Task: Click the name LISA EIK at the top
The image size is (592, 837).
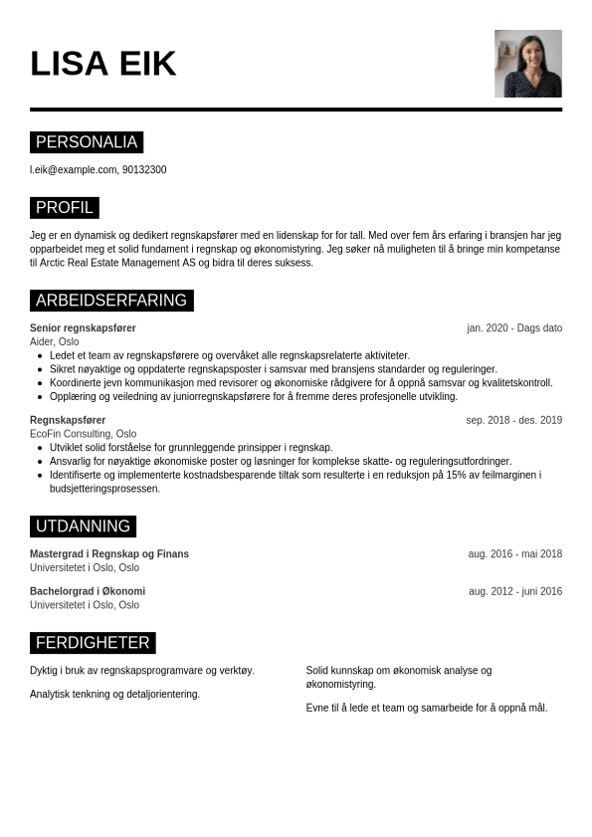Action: tap(102, 64)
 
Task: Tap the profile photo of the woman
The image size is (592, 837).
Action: tap(527, 64)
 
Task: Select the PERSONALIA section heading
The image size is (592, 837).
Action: tap(87, 142)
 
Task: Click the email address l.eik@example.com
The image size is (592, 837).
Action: tap(74, 170)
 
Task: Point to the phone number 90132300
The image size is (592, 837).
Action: tap(144, 170)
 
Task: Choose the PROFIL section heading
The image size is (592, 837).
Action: tap(65, 208)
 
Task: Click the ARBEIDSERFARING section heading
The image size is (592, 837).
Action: tap(111, 301)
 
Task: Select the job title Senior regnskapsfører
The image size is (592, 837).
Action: tap(83, 328)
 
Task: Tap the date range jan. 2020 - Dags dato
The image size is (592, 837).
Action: tap(514, 328)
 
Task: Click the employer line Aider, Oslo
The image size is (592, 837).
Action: tap(55, 341)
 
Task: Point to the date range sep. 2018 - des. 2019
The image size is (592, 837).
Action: tap(513, 420)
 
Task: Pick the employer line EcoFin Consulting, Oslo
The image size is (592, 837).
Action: tap(84, 434)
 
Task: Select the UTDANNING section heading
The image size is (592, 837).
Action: tap(83, 526)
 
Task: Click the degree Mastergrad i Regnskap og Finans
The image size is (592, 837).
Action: tap(109, 554)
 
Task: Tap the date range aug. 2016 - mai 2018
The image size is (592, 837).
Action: tap(514, 554)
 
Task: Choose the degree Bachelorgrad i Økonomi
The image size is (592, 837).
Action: tap(88, 591)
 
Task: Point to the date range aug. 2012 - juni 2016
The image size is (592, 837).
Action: tap(514, 591)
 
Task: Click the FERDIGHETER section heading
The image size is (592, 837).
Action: tap(93, 643)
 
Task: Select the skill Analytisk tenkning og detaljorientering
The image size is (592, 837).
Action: tap(114, 695)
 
